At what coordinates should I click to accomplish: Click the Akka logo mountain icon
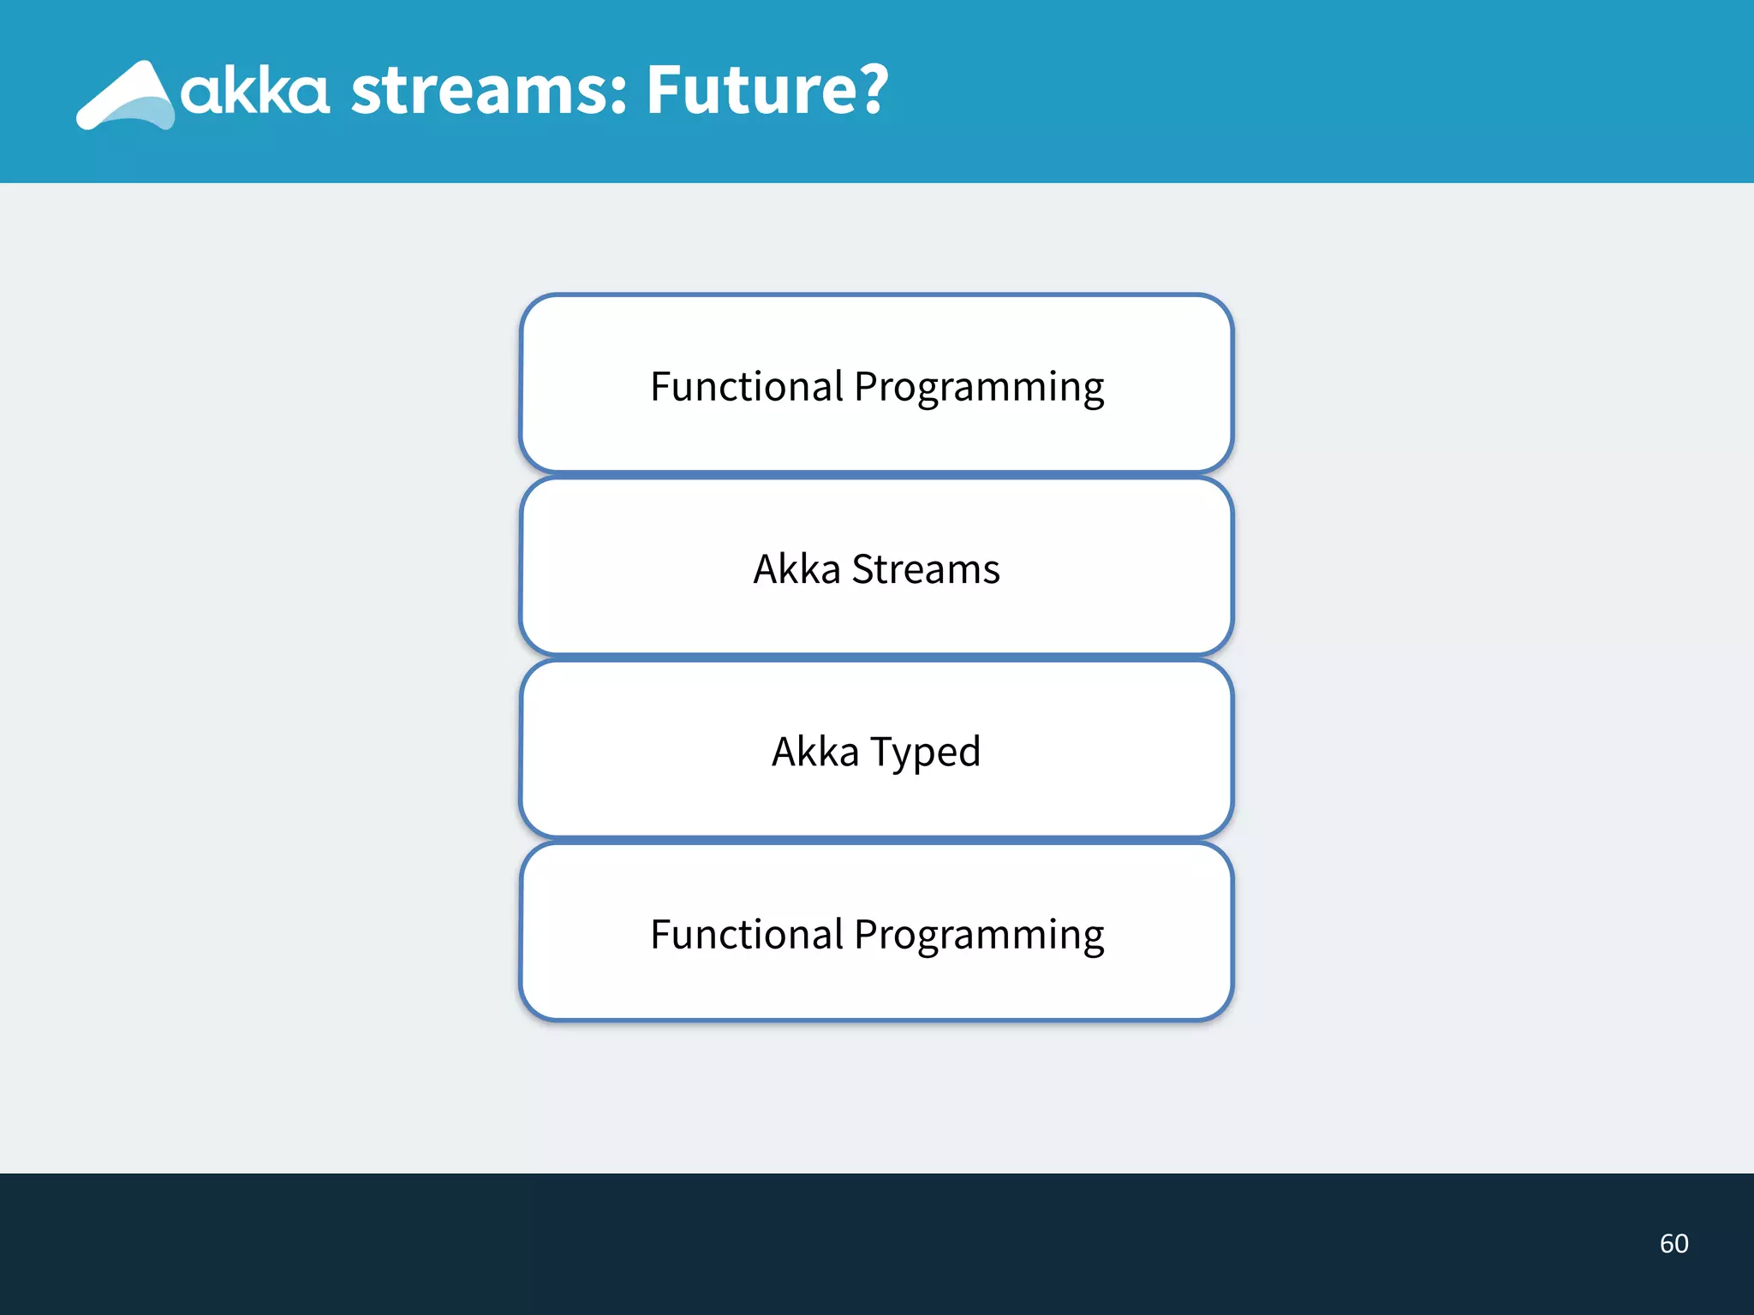click(127, 96)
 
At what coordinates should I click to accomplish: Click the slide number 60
click(1673, 1243)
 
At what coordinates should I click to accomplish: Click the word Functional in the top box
click(747, 386)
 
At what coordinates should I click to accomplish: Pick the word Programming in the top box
click(979, 388)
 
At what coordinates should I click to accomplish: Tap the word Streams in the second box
click(925, 569)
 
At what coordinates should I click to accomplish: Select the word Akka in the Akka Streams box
click(796, 569)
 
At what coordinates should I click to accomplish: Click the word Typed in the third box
click(925, 753)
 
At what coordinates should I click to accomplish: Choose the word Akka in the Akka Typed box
click(814, 752)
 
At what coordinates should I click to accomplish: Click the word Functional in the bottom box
click(747, 934)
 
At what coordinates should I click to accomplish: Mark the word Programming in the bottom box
click(979, 936)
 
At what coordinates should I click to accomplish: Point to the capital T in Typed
click(882, 751)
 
